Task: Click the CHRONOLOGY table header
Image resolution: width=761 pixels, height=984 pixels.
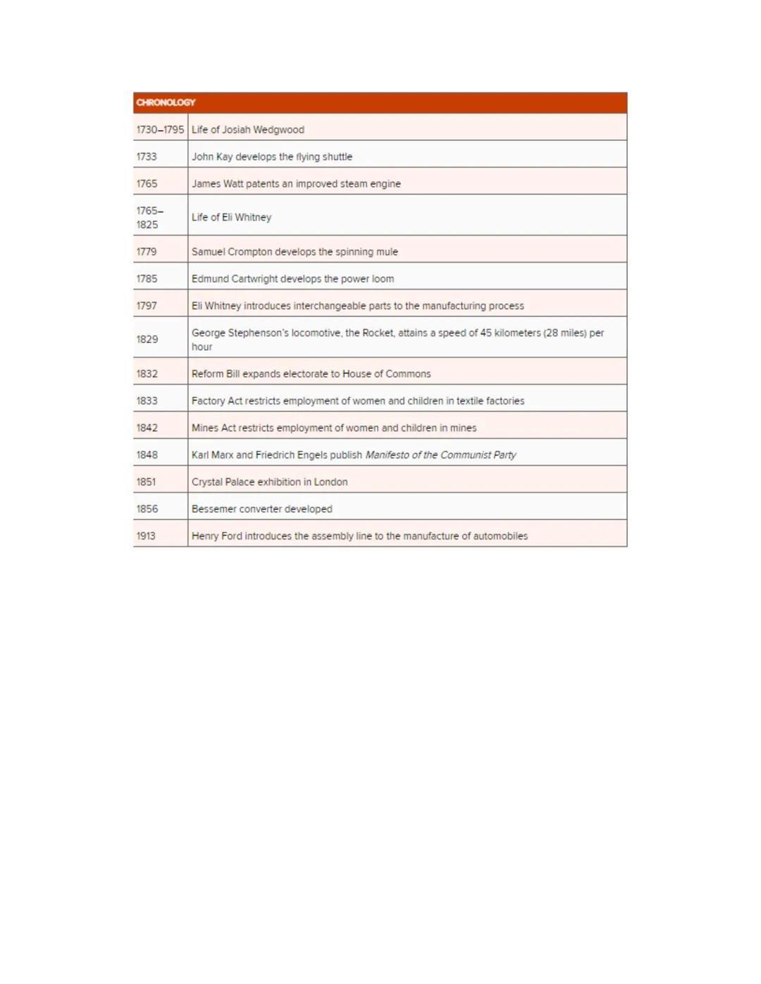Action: click(166, 103)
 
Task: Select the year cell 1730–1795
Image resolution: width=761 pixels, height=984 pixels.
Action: click(160, 130)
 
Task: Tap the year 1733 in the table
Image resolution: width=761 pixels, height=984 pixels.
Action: click(147, 156)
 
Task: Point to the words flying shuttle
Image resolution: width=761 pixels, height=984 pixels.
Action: click(324, 156)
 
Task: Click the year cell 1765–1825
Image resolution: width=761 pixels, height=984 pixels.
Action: click(149, 218)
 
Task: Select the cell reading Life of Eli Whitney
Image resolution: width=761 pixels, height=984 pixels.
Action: click(231, 218)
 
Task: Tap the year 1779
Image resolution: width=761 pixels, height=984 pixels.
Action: click(147, 251)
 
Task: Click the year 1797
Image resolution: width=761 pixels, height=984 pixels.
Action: click(147, 306)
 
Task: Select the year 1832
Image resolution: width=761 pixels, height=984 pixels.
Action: click(147, 374)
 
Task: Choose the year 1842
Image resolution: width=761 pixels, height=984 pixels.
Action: click(147, 428)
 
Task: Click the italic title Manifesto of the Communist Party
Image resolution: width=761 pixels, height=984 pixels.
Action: click(440, 455)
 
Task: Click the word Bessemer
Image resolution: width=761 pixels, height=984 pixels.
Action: click(214, 509)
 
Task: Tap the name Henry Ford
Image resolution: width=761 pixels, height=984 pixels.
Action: click(216, 536)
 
